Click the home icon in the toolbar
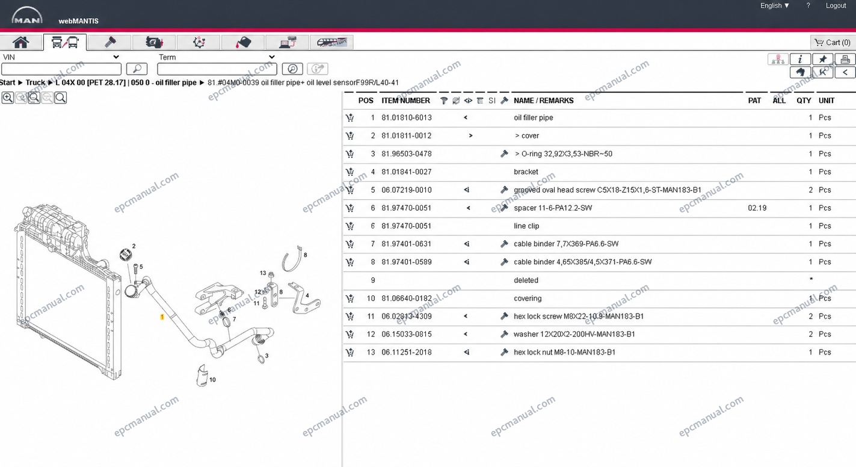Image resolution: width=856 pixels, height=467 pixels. [21, 42]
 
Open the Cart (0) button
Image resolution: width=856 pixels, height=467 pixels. [833, 42]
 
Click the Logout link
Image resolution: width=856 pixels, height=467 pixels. [836, 6]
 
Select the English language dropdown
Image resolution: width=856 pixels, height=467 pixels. [775, 6]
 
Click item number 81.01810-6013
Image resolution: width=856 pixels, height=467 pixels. [407, 118]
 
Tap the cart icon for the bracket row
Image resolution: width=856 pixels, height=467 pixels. [349, 172]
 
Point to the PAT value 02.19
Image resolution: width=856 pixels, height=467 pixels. [757, 208]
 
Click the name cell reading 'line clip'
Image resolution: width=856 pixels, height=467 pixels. [526, 226]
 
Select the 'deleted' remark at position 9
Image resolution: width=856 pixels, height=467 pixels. [526, 280]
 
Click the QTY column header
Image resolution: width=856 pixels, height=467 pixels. [804, 101]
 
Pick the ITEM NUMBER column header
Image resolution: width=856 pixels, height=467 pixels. [405, 101]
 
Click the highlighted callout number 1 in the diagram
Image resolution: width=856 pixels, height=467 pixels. [162, 317]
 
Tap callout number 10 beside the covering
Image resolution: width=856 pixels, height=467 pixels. [212, 380]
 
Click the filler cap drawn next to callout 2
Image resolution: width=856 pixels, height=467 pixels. [125, 255]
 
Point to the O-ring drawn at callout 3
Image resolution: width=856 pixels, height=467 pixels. [262, 359]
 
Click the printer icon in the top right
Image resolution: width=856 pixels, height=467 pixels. [845, 59]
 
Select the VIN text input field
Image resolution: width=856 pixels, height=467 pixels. [61, 69]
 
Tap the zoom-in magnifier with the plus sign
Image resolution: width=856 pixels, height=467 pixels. [8, 98]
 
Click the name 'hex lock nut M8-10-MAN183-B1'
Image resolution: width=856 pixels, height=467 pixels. [564, 352]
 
